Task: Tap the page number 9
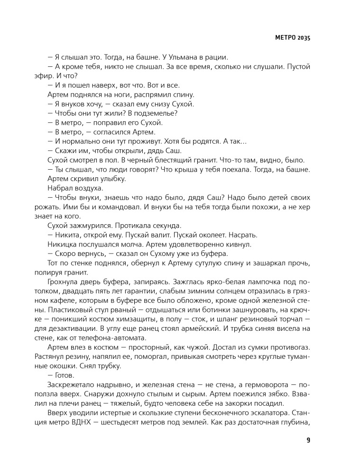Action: [x=308, y=440]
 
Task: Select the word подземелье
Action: [x=156, y=113]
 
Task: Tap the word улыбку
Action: [x=111, y=179]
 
